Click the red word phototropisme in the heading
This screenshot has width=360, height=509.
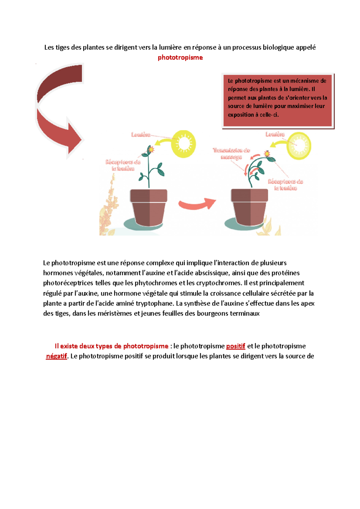(x=180, y=58)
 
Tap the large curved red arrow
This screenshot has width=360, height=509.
(x=57, y=120)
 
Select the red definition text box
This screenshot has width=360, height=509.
(x=278, y=101)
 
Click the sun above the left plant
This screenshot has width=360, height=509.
(x=183, y=144)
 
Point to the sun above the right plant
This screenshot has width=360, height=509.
(x=299, y=146)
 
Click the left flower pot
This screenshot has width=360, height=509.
(x=148, y=207)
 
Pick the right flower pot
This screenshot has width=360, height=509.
(x=249, y=207)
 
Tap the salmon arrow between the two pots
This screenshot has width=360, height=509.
(x=196, y=204)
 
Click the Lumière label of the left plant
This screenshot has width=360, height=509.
(x=141, y=135)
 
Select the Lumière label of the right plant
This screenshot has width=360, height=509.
(x=275, y=134)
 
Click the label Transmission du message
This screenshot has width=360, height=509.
(x=231, y=153)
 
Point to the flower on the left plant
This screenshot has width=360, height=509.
(x=150, y=149)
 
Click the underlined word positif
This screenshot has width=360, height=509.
(x=235, y=346)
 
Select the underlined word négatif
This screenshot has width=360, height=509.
(x=56, y=356)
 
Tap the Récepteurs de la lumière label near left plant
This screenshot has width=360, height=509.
(x=123, y=165)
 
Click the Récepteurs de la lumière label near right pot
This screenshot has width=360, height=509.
(x=285, y=185)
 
